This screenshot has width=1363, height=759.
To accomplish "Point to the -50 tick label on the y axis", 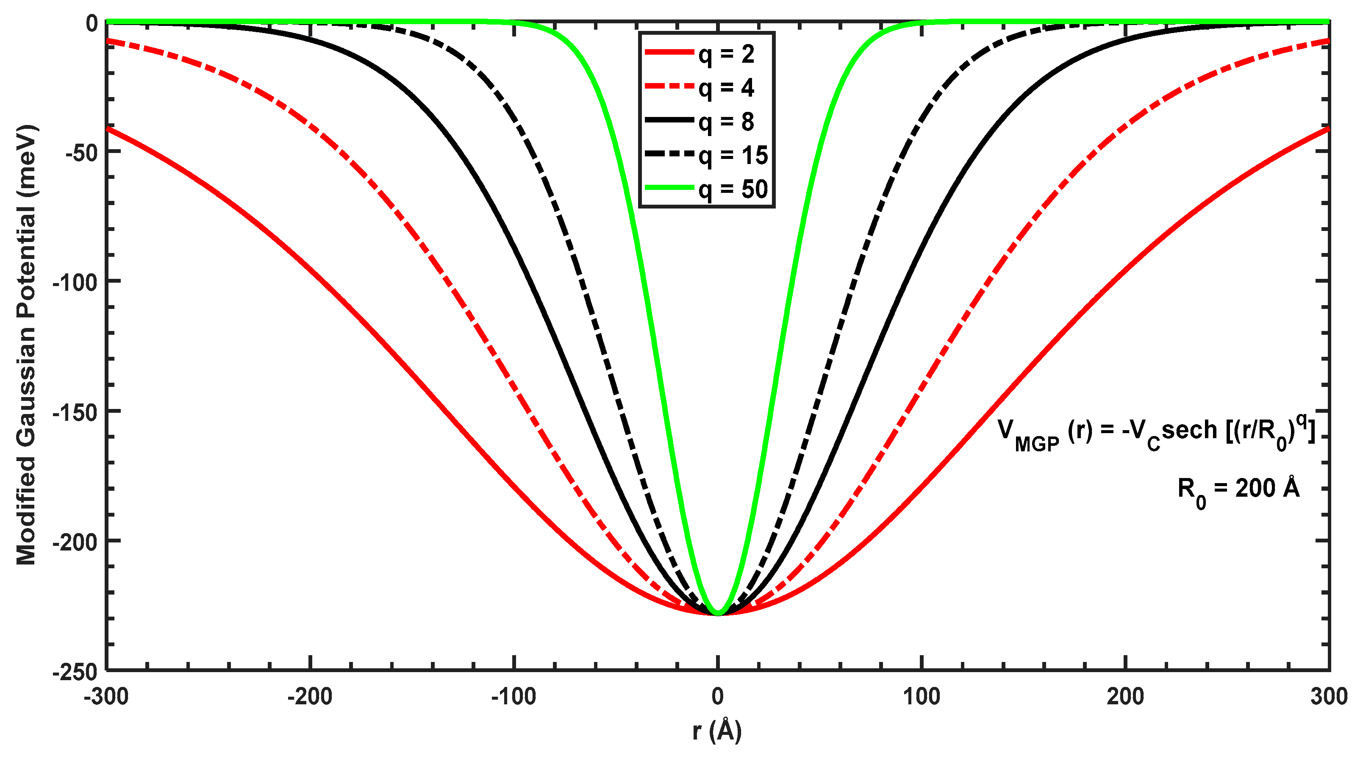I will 82,153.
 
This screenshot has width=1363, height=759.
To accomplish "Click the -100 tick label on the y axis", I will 76,283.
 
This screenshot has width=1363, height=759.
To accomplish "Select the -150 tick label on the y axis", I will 76,412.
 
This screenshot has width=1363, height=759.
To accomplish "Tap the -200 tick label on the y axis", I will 76,542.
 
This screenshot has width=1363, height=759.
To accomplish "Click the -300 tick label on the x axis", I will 106,697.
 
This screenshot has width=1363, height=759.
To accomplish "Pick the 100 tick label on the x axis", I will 921,697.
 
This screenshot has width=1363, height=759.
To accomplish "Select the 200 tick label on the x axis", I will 1125,697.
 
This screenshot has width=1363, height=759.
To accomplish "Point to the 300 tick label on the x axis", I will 1329,697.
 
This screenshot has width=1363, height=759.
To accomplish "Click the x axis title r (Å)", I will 717,731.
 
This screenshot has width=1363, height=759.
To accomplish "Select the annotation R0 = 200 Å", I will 1238,489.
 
